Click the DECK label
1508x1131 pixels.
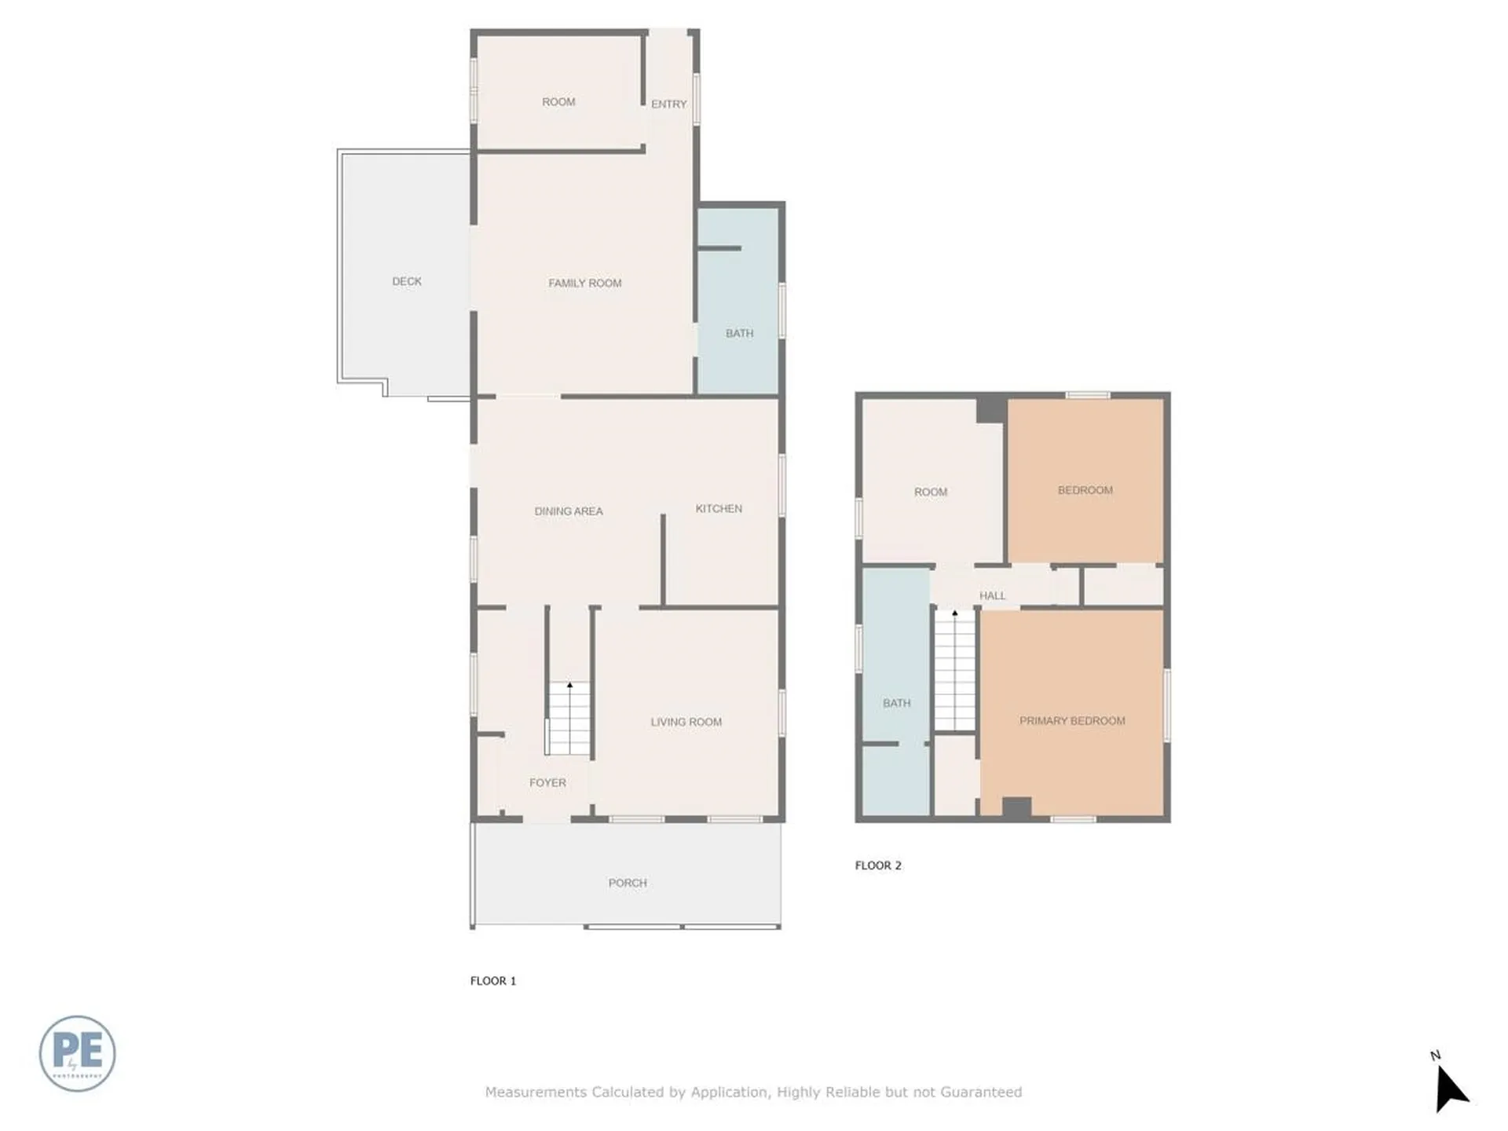click(407, 281)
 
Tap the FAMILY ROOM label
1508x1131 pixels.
click(584, 283)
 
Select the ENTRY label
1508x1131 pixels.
click(668, 104)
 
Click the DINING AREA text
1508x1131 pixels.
click(569, 511)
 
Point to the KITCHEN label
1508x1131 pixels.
click(719, 509)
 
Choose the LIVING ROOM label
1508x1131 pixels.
click(686, 722)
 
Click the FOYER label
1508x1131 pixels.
click(547, 782)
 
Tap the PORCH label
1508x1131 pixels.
click(628, 883)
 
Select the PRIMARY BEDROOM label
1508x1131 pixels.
click(1072, 720)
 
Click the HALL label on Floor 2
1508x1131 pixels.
click(992, 595)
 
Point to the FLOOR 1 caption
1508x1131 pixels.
click(493, 980)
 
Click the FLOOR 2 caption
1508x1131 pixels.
click(878, 865)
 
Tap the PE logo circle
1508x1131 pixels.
click(77, 1053)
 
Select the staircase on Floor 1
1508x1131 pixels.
click(569, 718)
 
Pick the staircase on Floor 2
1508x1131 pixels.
click(954, 671)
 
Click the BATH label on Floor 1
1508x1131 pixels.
click(739, 333)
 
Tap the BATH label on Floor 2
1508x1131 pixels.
click(896, 703)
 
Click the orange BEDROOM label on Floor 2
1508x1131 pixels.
click(1085, 490)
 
